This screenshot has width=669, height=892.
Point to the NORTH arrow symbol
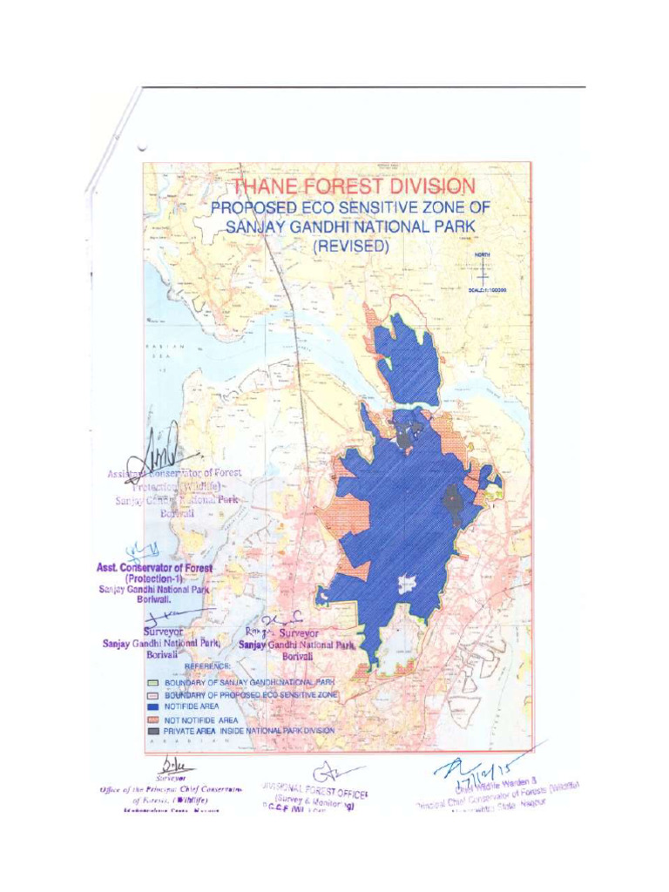[x=483, y=269]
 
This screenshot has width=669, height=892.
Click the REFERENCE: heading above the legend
[x=206, y=666]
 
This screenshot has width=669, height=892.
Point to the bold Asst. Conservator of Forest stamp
[x=155, y=567]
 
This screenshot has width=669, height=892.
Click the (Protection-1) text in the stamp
[x=153, y=578]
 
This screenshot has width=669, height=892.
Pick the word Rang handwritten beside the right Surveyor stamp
[x=255, y=632]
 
